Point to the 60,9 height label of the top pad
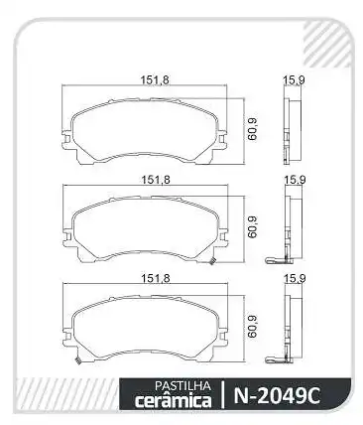[253, 129]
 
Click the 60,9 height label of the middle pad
[253, 227]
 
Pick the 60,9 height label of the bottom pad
[253, 327]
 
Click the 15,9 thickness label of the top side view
[294, 80]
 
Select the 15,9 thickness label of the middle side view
[295, 180]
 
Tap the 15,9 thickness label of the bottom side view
[295, 279]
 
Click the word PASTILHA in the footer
[182, 385]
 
